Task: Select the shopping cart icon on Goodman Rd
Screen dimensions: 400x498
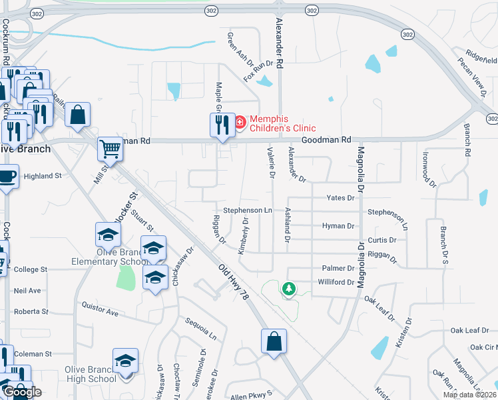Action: point(110,149)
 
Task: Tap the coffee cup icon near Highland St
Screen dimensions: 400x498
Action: point(7,177)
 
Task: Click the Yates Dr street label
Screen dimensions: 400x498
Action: point(340,198)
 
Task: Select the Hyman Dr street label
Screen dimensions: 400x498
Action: point(338,226)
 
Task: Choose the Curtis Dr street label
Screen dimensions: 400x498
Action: point(382,240)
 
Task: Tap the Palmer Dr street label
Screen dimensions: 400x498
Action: point(339,269)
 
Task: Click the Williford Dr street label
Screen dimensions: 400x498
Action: point(336,282)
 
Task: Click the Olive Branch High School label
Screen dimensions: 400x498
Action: point(90,373)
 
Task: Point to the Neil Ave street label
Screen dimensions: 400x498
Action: point(27,291)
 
